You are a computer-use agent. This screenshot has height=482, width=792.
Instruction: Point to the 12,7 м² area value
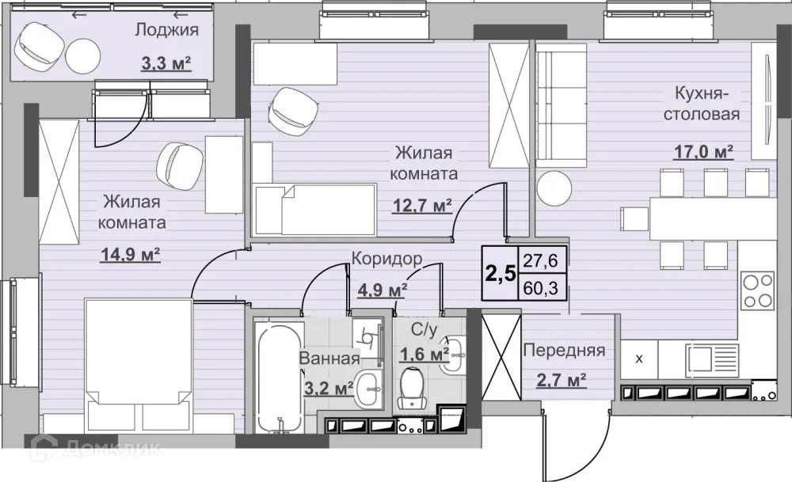[422, 207]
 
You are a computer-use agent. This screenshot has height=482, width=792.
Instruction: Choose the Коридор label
[386, 258]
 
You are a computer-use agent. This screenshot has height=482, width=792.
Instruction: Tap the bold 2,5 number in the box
[501, 273]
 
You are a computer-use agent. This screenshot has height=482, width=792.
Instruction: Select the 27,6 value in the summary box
[539, 259]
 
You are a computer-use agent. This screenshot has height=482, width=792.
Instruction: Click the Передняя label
[563, 351]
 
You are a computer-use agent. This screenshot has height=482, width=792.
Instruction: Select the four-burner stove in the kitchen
[756, 290]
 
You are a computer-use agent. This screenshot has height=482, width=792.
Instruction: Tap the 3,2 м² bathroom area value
[327, 389]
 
